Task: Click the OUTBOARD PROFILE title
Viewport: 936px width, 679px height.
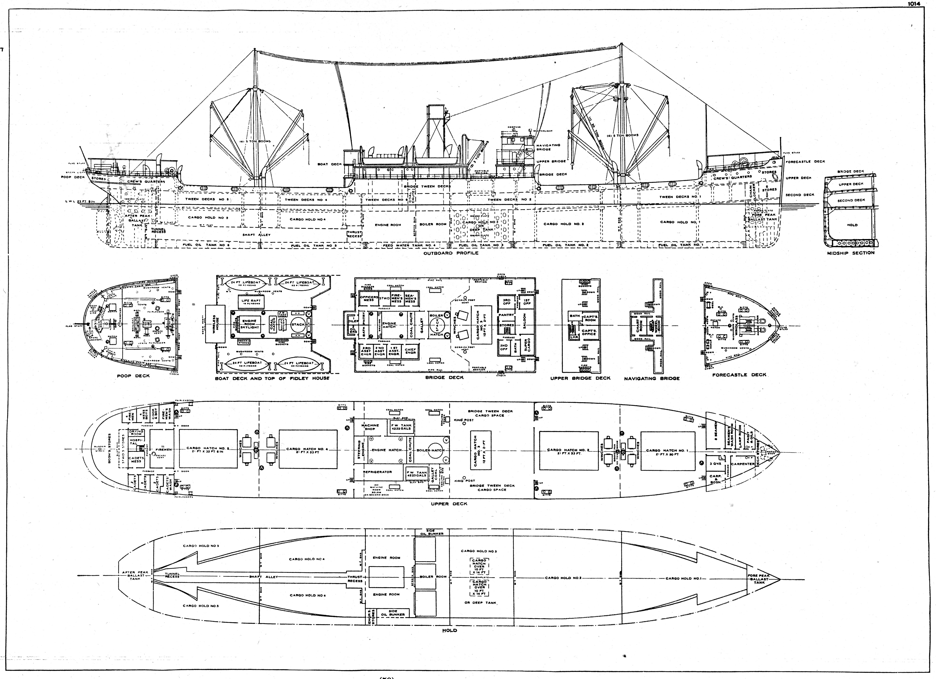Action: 451,253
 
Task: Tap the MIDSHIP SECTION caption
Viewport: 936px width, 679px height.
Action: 851,253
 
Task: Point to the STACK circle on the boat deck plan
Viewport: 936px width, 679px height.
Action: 298,325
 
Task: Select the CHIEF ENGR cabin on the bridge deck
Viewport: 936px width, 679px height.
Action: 411,351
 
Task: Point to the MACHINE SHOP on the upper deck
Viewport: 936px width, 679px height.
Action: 370,427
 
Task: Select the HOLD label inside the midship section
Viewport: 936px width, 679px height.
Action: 852,225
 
